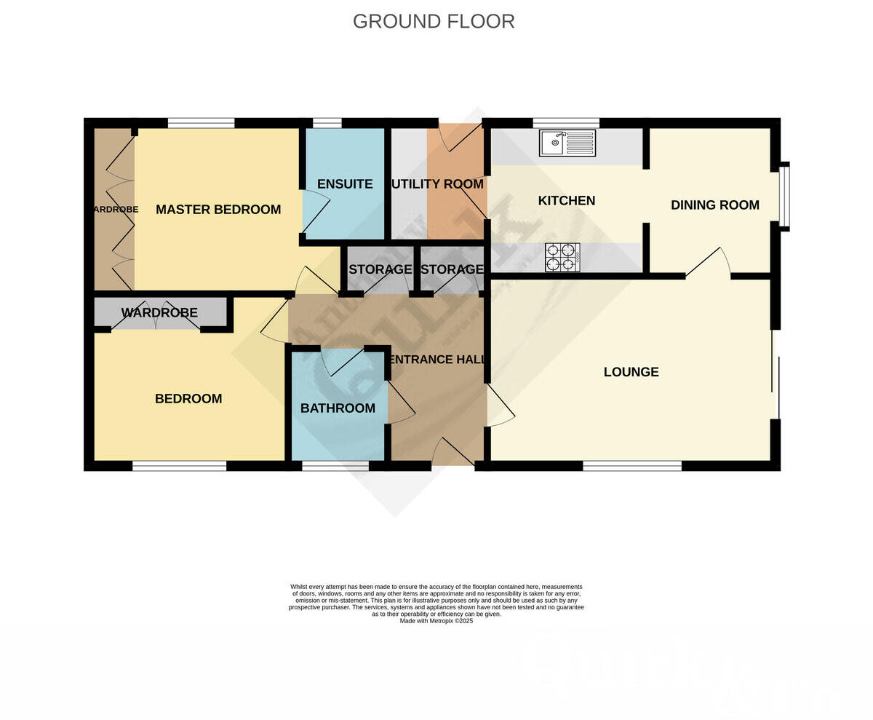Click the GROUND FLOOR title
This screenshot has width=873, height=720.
[434, 21]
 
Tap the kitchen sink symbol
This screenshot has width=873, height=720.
[567, 143]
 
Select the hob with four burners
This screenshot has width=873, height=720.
[562, 257]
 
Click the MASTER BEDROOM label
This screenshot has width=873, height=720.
[218, 210]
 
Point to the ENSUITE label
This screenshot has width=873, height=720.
[345, 184]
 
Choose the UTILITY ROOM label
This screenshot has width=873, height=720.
[437, 184]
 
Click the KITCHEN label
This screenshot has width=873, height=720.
[566, 201]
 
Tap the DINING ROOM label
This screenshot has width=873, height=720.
[714, 205]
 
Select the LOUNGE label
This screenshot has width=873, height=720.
[631, 372]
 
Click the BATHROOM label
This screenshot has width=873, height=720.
[338, 408]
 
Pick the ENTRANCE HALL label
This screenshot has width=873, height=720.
[437, 360]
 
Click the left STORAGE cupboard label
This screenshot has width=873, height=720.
[380, 269]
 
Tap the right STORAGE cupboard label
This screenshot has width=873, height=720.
[452, 269]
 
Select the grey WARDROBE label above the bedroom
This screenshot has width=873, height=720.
[159, 313]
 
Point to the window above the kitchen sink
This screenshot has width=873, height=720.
[565, 122]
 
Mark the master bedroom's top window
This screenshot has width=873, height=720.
[201, 122]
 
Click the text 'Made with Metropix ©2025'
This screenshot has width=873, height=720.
[436, 621]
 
